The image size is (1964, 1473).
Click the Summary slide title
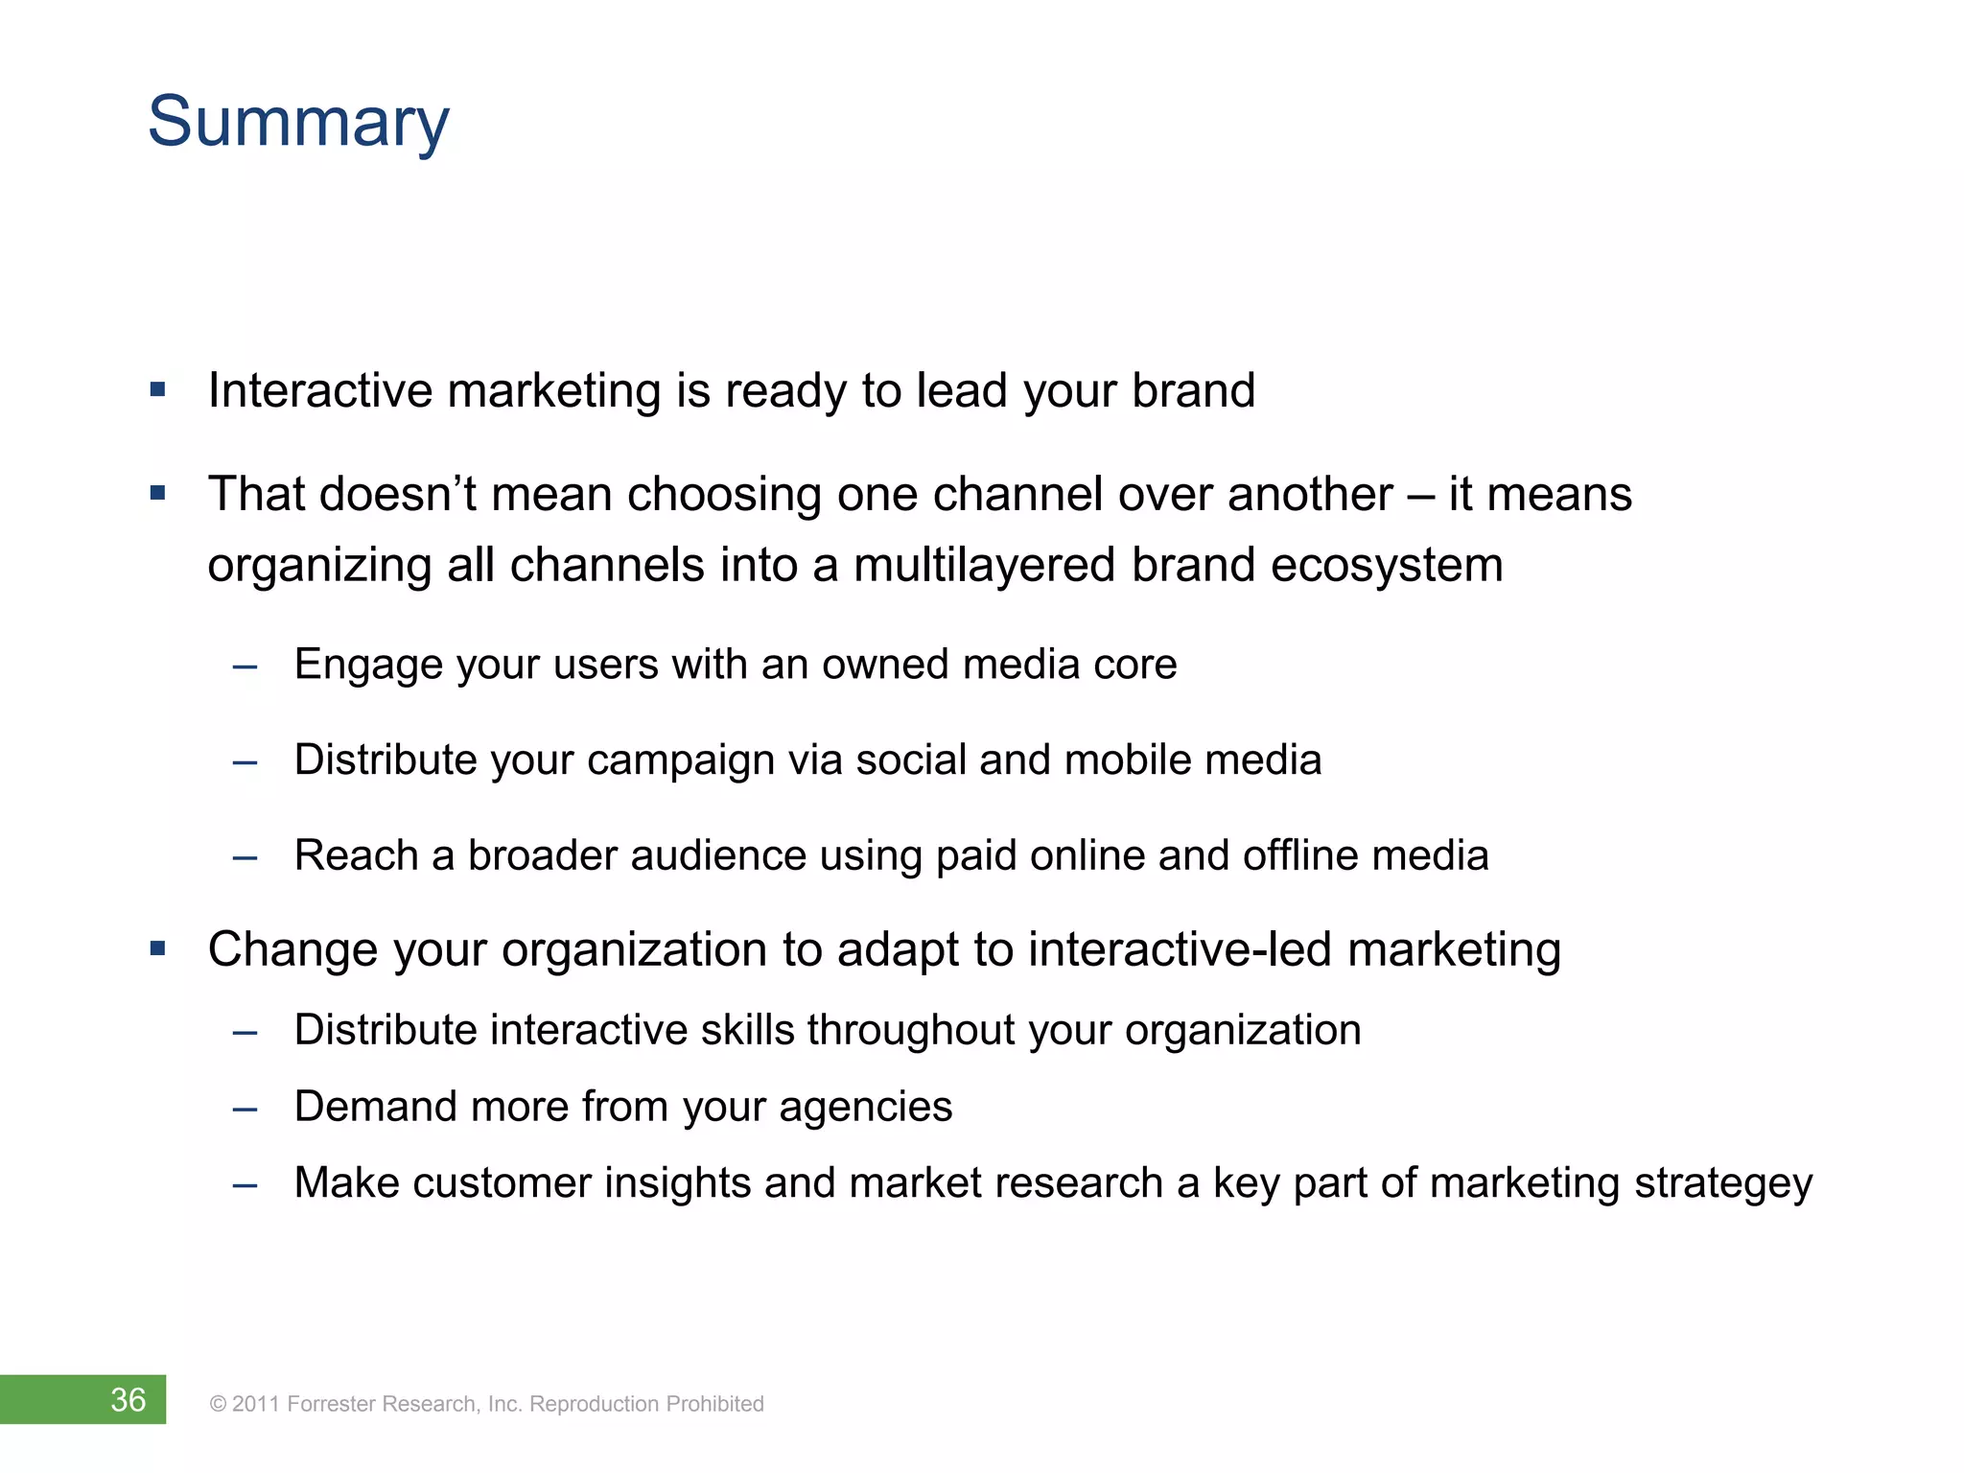298,123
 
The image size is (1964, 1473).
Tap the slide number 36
128,1399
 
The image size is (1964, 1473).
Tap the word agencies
865,1108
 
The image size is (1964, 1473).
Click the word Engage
368,666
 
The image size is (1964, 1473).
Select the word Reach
356,855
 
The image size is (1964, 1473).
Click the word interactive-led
1181,949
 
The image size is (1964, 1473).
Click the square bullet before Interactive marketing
158,390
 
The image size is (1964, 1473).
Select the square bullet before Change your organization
158,949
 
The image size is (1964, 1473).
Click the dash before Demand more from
245,1110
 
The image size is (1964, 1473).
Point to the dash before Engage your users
245,666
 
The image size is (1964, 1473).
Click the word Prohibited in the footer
714,1404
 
